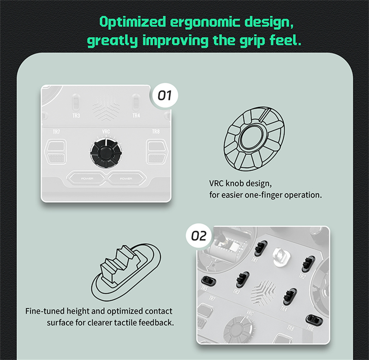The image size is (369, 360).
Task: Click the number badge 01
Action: click(x=165, y=95)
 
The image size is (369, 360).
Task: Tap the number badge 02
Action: click(x=199, y=236)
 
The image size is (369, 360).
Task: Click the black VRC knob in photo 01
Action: click(x=106, y=153)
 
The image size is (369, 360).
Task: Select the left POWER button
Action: click(x=87, y=179)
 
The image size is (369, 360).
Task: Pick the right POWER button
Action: click(x=126, y=179)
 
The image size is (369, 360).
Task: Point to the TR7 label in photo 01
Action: click(x=56, y=132)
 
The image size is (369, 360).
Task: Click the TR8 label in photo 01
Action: click(x=156, y=131)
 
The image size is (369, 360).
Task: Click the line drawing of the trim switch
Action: click(x=126, y=272)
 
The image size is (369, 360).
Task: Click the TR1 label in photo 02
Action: click(x=255, y=259)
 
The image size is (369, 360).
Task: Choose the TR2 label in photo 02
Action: click(x=302, y=276)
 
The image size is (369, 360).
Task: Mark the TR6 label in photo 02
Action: click(x=310, y=328)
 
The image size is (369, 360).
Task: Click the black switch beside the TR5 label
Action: click(x=208, y=281)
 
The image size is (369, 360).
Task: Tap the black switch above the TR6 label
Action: click(x=314, y=320)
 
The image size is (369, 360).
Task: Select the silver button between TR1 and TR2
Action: click(x=281, y=257)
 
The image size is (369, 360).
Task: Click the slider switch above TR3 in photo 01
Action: click(x=76, y=103)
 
